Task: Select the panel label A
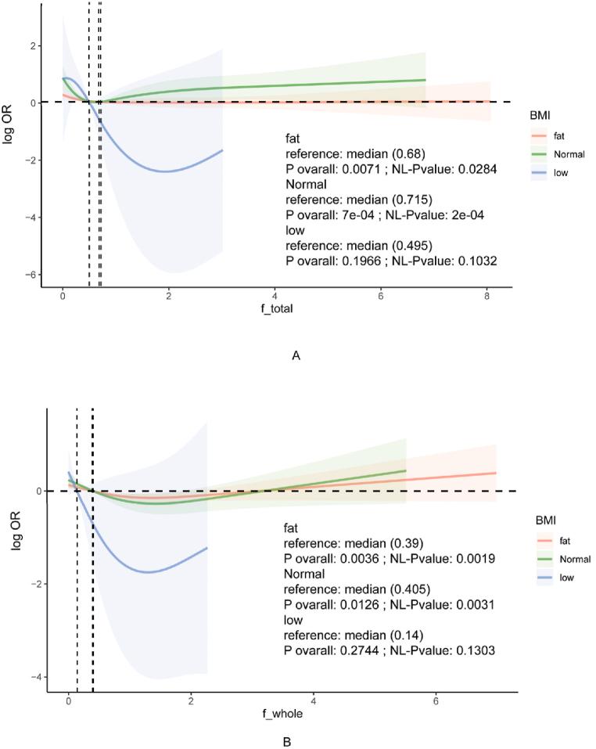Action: coord(296,356)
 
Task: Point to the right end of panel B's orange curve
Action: coord(497,473)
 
